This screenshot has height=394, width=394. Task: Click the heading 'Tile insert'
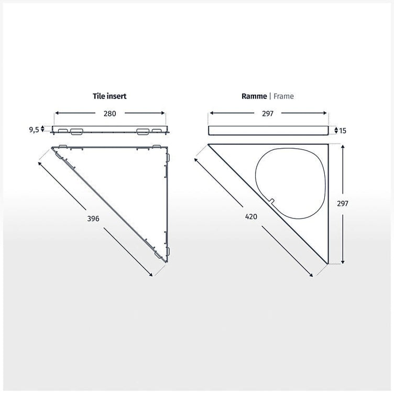[110, 96]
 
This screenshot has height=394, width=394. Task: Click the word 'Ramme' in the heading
[254, 96]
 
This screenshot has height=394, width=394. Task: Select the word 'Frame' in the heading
[283, 96]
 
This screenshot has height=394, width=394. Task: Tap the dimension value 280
[110, 114]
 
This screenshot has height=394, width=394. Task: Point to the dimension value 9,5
[34, 129]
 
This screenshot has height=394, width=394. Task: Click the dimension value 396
[93, 218]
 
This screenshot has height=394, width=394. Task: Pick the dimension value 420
[251, 216]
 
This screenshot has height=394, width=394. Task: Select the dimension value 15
[343, 130]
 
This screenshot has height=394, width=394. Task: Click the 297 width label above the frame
[268, 114]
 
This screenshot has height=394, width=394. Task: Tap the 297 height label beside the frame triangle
[343, 203]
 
